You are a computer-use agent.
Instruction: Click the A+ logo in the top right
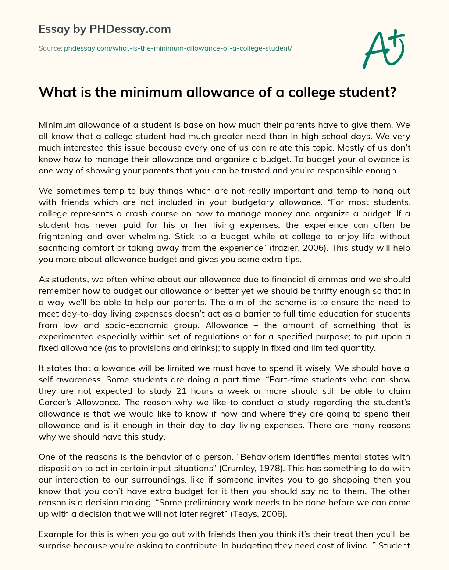point(384,49)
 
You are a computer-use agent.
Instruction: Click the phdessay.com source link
point(178,48)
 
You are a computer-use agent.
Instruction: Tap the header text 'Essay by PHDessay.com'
point(104,29)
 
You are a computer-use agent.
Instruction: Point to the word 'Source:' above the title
point(50,48)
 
